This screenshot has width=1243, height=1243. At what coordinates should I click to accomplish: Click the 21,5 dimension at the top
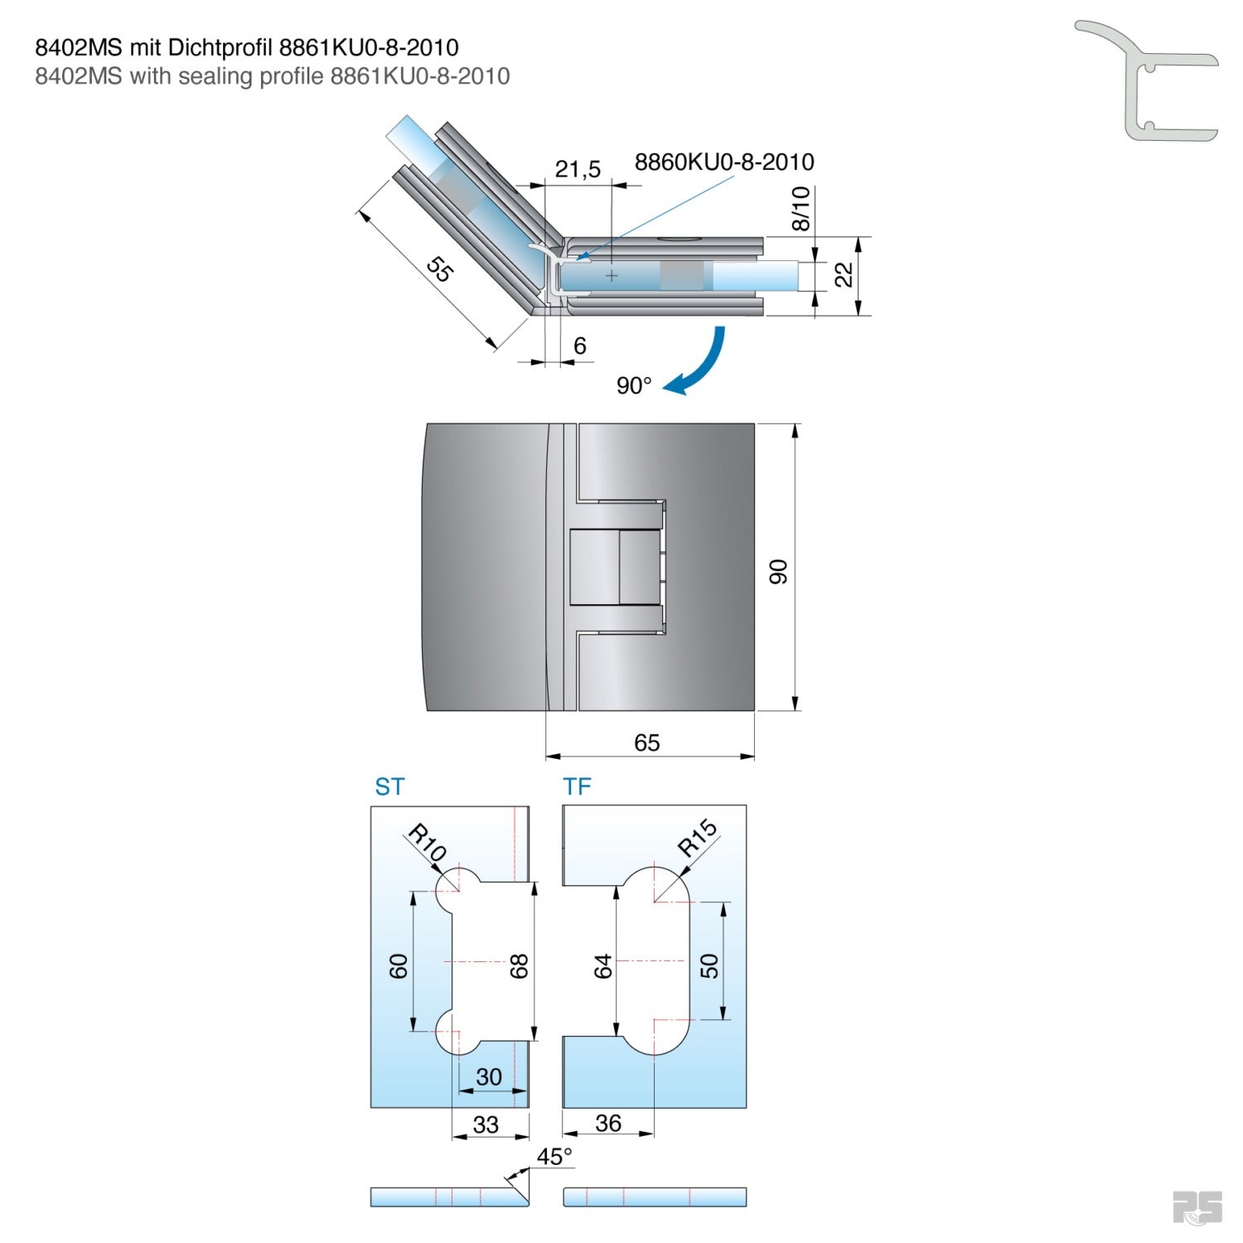(x=578, y=169)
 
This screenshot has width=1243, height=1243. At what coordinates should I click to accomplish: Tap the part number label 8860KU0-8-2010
(x=724, y=162)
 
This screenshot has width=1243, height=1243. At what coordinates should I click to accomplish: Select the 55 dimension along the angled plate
(x=439, y=268)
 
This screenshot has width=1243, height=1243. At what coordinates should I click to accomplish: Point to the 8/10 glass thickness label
(x=800, y=208)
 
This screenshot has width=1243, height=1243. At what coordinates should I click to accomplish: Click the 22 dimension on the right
(x=844, y=274)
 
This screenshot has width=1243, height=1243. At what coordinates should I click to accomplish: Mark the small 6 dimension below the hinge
(x=579, y=346)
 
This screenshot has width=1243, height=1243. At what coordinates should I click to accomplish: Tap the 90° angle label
(x=634, y=386)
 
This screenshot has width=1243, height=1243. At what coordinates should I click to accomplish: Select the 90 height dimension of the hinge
(x=778, y=571)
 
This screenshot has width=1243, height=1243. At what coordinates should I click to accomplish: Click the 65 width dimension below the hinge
(x=646, y=742)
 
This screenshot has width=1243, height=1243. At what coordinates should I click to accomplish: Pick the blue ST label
(x=389, y=786)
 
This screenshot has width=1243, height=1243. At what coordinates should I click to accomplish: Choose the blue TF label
(x=577, y=786)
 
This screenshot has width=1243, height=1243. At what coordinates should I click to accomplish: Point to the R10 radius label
(x=428, y=843)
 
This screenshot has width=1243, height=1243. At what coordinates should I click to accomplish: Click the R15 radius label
(x=697, y=837)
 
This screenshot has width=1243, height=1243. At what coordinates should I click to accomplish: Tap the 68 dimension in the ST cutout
(x=519, y=966)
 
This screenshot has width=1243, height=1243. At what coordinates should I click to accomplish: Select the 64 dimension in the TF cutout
(x=602, y=966)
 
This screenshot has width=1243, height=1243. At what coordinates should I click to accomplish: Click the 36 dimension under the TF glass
(x=607, y=1123)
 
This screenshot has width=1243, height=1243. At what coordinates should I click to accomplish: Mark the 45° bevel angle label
(x=554, y=1156)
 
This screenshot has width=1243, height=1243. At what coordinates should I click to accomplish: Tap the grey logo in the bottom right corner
(x=1197, y=1207)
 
